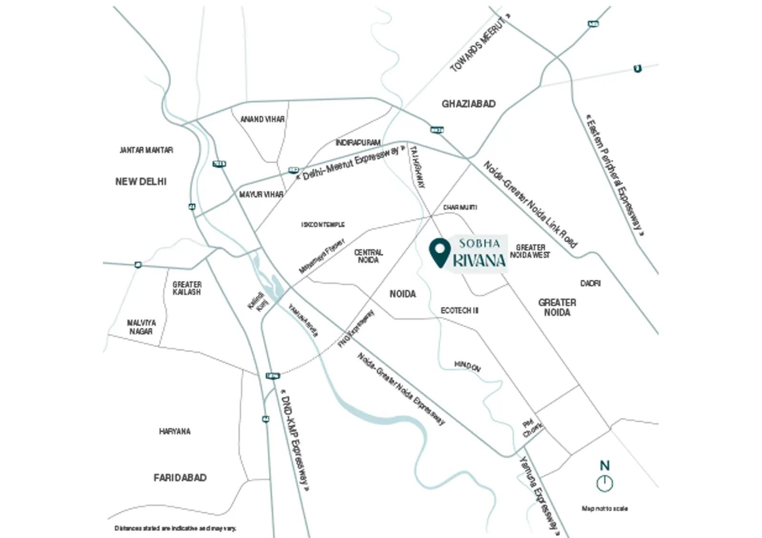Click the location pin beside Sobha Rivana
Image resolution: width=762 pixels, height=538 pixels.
pyautogui.click(x=440, y=252)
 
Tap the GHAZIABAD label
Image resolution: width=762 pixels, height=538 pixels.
pyautogui.click(x=468, y=104)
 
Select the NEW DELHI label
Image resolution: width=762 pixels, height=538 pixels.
pyautogui.click(x=141, y=181)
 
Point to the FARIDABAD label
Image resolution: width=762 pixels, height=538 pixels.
pyautogui.click(x=180, y=478)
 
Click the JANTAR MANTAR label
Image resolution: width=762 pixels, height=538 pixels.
pyautogui.click(x=146, y=150)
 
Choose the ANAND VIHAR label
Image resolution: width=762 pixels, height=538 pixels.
pyautogui.click(x=262, y=119)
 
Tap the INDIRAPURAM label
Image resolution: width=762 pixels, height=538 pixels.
pyautogui.click(x=358, y=143)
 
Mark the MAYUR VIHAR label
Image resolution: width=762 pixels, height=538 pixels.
pyautogui.click(x=261, y=194)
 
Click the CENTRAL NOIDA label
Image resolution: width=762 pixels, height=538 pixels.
pyautogui.click(x=368, y=256)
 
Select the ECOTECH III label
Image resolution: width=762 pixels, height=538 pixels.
pyautogui.click(x=459, y=310)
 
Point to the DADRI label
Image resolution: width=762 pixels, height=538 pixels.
pyautogui.click(x=590, y=283)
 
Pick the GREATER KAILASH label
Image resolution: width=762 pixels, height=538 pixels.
pyautogui.click(x=187, y=288)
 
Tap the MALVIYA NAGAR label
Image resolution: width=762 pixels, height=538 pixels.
pyautogui.click(x=141, y=327)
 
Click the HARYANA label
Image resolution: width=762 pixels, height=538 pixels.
pyautogui.click(x=175, y=431)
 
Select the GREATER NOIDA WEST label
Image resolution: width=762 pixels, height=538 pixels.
pyautogui.click(x=530, y=251)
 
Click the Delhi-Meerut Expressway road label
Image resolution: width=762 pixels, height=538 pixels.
pyautogui.click(x=351, y=163)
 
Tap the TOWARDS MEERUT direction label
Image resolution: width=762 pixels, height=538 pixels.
pyautogui.click(x=479, y=45)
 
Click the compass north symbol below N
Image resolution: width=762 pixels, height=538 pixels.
pyautogui.click(x=604, y=483)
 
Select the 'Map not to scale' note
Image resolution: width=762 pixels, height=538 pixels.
pyautogui.click(x=604, y=509)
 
